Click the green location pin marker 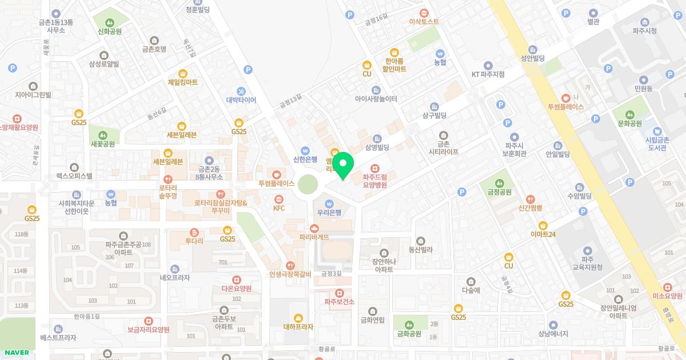[342, 165]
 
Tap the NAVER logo [17, 353]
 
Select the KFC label [279, 208]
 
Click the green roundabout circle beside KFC [308, 185]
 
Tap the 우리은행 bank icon [329, 203]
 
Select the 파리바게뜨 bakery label [314, 237]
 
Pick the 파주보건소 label [340, 302]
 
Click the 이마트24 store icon [543, 225]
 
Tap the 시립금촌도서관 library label [657, 143]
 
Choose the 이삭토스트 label [424, 22]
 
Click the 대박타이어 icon [241, 91]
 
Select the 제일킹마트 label [183, 82]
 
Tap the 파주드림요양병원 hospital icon [374, 168]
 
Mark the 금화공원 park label [409, 334]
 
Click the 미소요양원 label [667, 296]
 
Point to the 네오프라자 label [175, 278]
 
